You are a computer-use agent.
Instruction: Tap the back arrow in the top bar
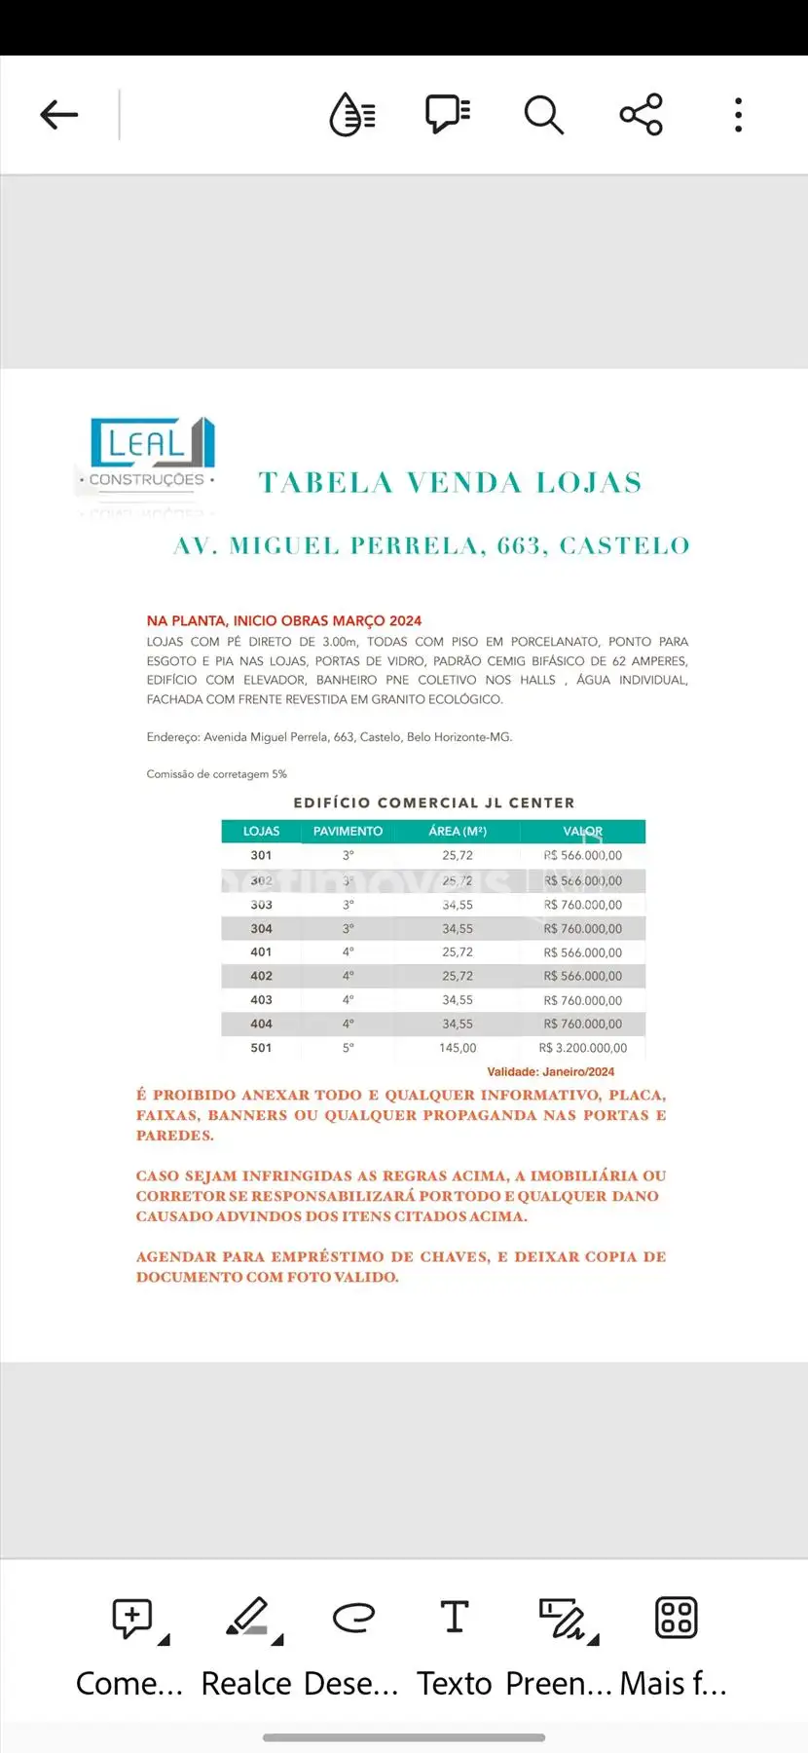pos(58,115)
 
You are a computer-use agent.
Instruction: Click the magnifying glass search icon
pos(543,115)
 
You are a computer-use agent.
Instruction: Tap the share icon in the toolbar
pos(641,115)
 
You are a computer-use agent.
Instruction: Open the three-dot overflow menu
pos(738,115)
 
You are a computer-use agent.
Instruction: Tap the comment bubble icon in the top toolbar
pos(448,115)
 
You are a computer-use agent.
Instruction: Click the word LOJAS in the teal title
pos(589,483)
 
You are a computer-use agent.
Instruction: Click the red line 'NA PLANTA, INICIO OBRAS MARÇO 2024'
pos(284,620)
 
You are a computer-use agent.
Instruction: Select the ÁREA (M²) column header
pos(458,832)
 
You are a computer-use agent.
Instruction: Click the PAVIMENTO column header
pos(348,832)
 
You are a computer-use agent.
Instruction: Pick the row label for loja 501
pos(261,1048)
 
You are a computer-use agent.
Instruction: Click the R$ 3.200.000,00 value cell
pos(583,1048)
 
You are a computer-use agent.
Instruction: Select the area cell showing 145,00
pos(458,1048)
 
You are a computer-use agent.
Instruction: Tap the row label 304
pos(261,929)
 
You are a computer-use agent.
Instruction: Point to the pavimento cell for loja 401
pos(348,952)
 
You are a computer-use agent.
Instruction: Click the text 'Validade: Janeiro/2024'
pos(550,1072)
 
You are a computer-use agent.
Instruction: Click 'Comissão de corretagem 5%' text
pos(216,774)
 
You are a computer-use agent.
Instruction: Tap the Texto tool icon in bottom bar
pos(454,1618)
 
